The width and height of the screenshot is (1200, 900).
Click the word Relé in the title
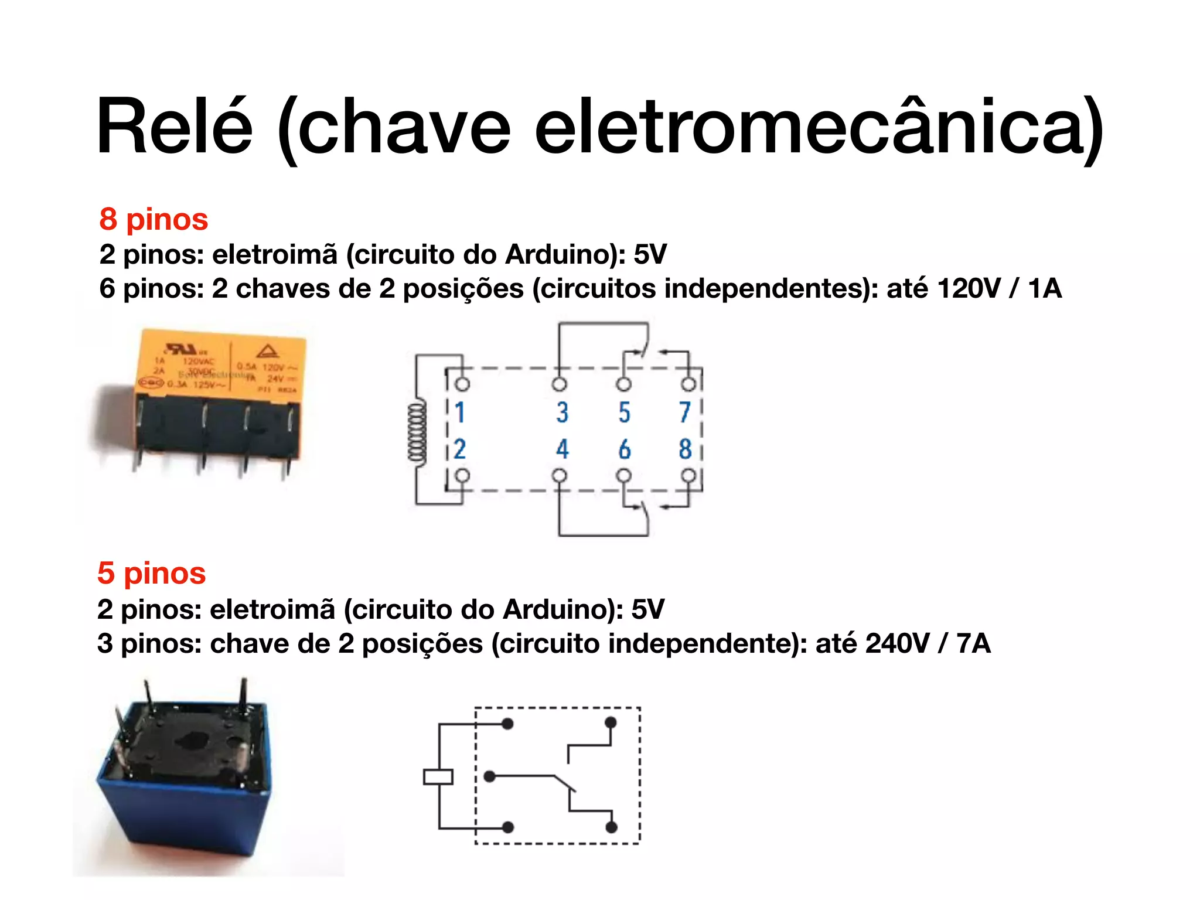175,127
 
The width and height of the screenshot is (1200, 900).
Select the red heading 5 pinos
151,573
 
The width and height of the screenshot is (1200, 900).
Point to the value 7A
973,643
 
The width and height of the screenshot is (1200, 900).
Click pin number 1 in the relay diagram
459,412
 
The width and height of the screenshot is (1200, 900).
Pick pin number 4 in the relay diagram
562,449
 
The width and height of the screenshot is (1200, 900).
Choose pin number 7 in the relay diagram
685,412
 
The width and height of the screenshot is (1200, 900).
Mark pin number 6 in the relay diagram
625,449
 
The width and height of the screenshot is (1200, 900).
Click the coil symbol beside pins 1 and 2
417,432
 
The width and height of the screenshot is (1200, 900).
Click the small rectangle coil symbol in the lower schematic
438,777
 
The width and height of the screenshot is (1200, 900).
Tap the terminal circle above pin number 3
560,384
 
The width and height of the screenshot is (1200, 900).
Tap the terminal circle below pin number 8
689,475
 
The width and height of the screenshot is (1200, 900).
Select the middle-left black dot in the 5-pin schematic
490,777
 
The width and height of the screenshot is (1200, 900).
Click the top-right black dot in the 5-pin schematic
611,722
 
